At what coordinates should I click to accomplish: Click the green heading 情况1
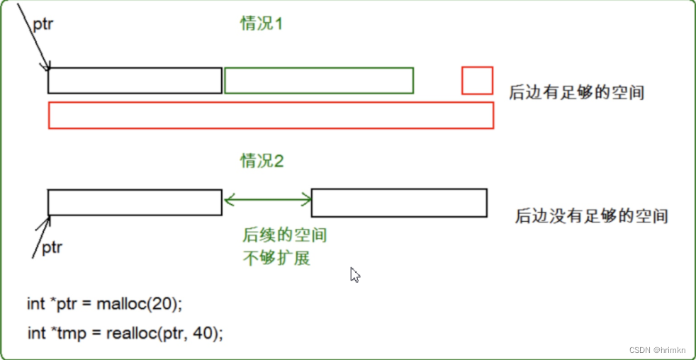262,24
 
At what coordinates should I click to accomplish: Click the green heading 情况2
262,161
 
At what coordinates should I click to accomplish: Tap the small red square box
477,80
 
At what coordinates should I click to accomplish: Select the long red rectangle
270,116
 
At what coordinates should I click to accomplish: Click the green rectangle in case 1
318,81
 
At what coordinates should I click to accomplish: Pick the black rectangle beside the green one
135,81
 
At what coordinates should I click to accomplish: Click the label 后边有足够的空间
576,92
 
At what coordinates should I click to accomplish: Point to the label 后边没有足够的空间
591,215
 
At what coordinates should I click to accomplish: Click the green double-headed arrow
267,201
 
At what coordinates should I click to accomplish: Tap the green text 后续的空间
285,235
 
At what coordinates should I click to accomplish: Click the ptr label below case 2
52,247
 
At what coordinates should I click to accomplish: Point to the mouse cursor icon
355,275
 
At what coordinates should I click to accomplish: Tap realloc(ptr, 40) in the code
164,332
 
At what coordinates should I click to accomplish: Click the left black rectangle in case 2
135,202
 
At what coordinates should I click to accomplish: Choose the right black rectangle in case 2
399,203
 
